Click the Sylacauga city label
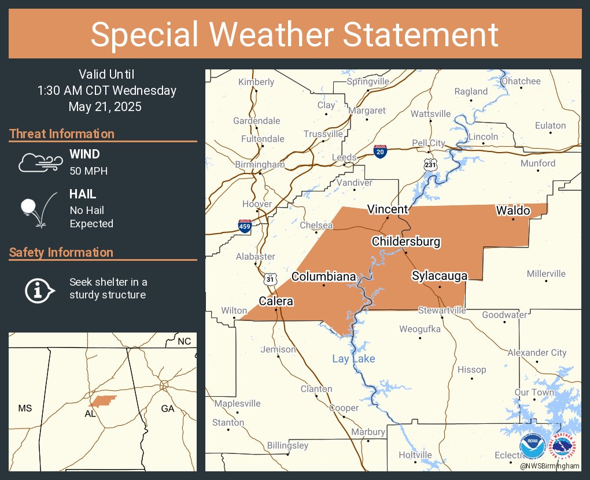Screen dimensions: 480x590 point(439,276)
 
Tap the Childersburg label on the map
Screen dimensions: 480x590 point(406,242)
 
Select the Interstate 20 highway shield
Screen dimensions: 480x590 point(380,152)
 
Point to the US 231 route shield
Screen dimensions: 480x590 point(429,164)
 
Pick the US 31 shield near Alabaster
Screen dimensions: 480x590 point(270,279)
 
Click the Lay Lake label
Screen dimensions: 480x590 point(353,359)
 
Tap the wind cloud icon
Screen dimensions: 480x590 point(39,163)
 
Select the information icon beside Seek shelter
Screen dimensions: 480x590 point(39,289)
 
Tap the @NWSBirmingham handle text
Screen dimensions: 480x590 point(549,466)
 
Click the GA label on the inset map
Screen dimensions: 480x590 point(168,408)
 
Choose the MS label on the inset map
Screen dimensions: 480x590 point(25,408)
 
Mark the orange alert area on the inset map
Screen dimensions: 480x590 point(102,400)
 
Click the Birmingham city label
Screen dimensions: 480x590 point(260,165)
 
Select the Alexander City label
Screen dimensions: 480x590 point(537,353)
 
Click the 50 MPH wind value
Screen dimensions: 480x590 point(89,171)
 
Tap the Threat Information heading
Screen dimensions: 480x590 point(62,134)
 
